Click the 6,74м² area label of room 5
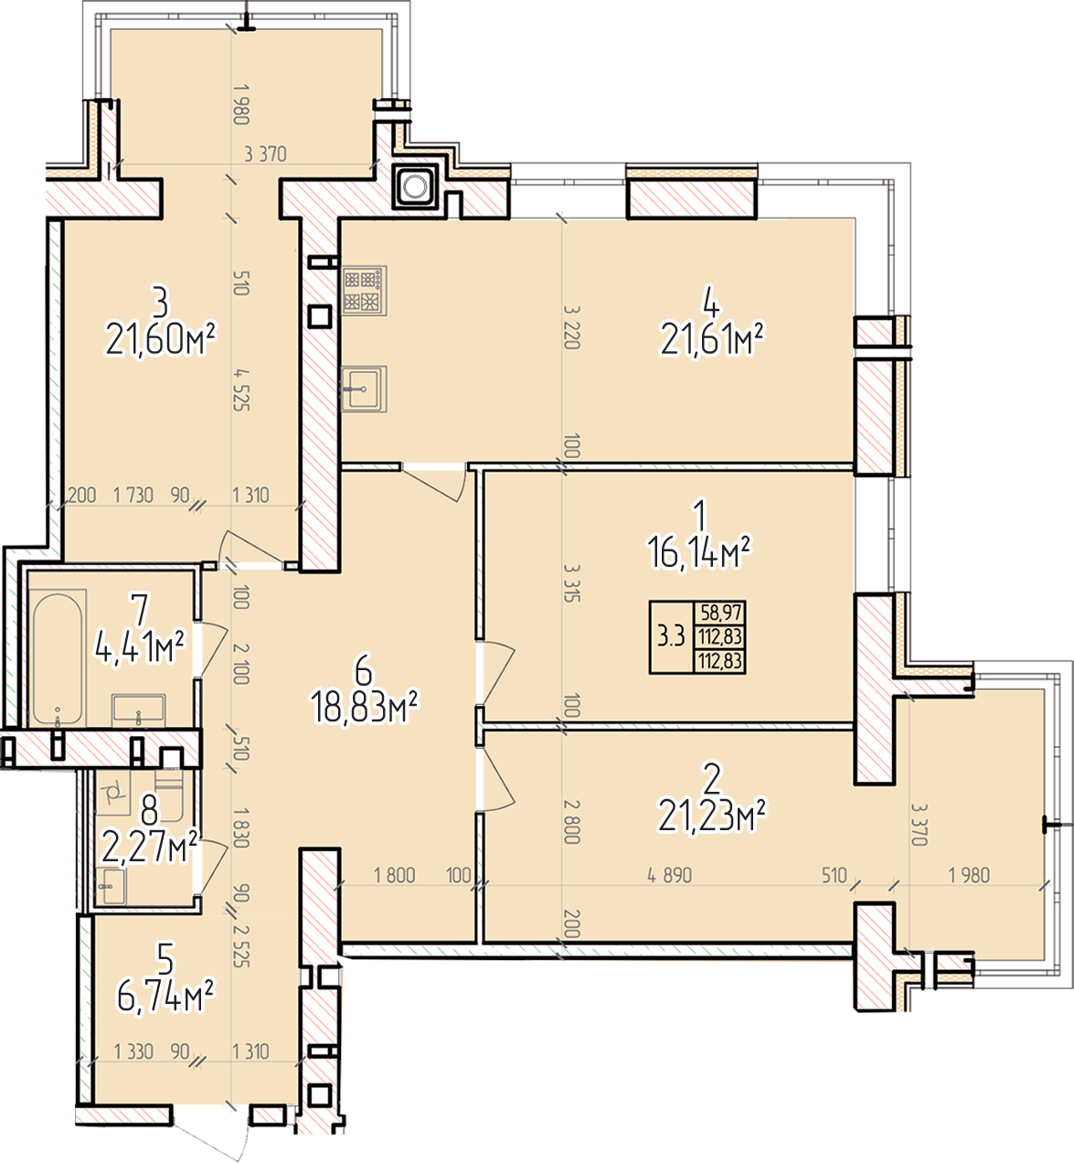(x=166, y=998)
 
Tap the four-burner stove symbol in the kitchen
(x=365, y=291)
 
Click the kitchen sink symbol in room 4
(x=365, y=389)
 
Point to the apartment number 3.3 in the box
(x=671, y=636)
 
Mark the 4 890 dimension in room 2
(x=669, y=876)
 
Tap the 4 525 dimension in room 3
(x=241, y=389)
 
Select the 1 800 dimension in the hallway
(x=394, y=876)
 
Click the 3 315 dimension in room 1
(x=571, y=582)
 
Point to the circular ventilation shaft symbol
(x=416, y=187)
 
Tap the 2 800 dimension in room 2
(x=571, y=822)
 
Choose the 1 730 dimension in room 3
(x=133, y=496)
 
